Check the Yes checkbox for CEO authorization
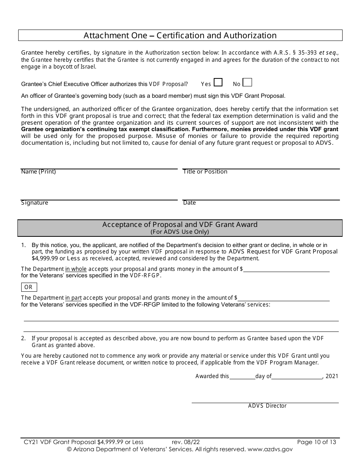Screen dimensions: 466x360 (218, 83)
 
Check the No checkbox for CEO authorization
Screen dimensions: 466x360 (247, 83)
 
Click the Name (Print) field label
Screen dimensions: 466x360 (38, 172)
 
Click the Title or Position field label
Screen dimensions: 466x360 (205, 172)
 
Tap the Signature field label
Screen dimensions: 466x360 (34, 203)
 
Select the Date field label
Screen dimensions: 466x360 (189, 203)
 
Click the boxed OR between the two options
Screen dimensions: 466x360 (29, 287)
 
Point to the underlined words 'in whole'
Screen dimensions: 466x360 (76, 269)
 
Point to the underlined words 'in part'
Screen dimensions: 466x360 (74, 298)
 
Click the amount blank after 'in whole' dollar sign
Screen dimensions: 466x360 (286, 269)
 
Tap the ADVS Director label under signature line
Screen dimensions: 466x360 (267, 406)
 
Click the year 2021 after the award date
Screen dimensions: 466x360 (332, 376)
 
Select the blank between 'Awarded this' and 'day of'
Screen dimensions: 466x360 (242, 376)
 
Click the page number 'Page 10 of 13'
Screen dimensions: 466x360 (316, 442)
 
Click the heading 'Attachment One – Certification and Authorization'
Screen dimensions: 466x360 (180, 36)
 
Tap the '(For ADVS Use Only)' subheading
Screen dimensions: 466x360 (180, 231)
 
